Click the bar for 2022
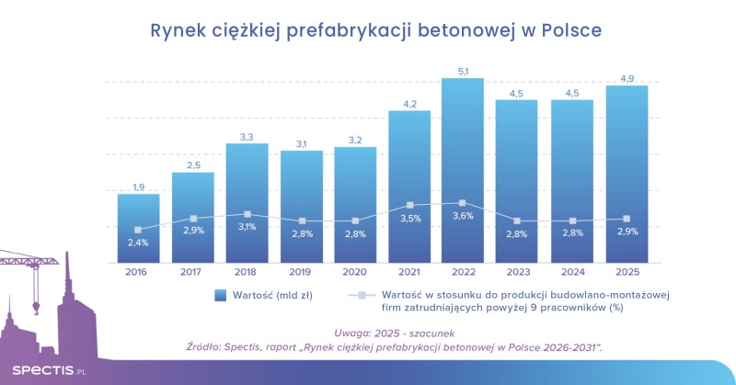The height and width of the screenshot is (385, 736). pyautogui.click(x=462, y=170)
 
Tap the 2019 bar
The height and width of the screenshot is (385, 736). pyautogui.click(x=302, y=206)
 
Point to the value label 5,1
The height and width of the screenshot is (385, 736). pyautogui.click(x=462, y=70)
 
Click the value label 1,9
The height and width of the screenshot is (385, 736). pyautogui.click(x=138, y=187)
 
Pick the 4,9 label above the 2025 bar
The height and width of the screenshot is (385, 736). pyautogui.click(x=626, y=78)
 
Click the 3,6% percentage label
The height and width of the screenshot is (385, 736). pyautogui.click(x=462, y=216)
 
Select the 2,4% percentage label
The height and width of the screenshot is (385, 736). pyautogui.click(x=138, y=243)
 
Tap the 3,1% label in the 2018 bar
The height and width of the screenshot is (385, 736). pyautogui.click(x=247, y=227)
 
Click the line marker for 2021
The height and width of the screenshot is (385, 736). pyautogui.click(x=410, y=205)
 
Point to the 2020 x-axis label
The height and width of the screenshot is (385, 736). pyautogui.click(x=355, y=272)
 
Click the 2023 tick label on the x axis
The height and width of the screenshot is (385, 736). pyautogui.click(x=517, y=272)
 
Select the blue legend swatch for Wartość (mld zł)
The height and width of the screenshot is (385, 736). pyautogui.click(x=219, y=295)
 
